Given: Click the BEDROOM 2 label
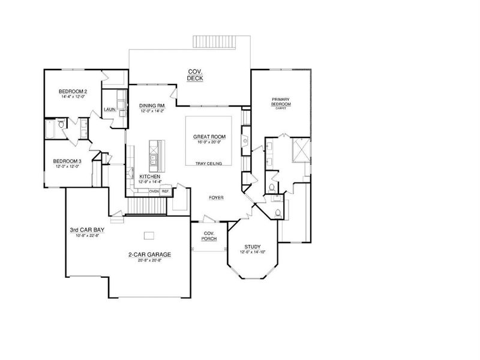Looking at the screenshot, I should pos(73,91).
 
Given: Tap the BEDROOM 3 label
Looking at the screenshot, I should pos(67,161).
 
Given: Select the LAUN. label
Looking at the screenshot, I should pos(110,109).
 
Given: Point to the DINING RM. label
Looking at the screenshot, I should pos(152,105).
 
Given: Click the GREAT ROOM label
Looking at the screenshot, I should pos(208,137).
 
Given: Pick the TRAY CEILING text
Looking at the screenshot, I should pos(208,163).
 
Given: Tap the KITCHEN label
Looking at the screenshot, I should pos(150,177).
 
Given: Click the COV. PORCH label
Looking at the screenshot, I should pos(209,235).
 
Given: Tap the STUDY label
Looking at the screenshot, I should pos(251,246).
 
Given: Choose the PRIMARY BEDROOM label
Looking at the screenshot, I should pos(281,102).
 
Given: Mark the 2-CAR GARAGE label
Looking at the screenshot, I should pos(149,254).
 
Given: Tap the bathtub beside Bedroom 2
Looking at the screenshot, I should pos(53,128).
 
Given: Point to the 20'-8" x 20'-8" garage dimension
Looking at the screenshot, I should pos(149,261).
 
